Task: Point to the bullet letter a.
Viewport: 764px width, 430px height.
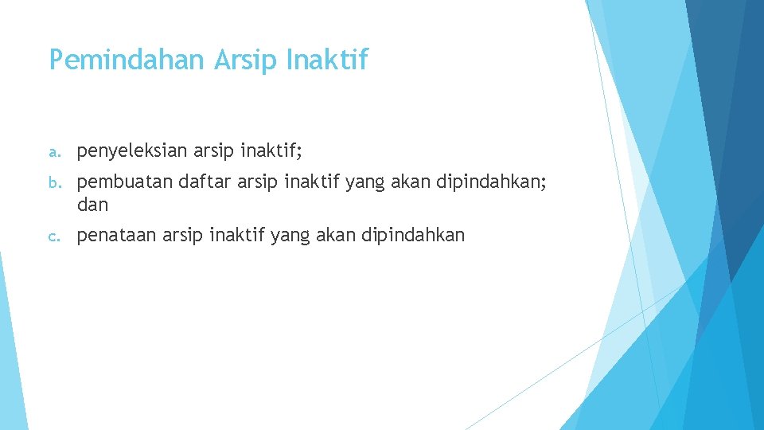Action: tap(53, 151)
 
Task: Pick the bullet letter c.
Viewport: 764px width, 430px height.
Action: tap(53, 236)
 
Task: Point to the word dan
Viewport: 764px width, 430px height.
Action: tap(92, 205)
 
